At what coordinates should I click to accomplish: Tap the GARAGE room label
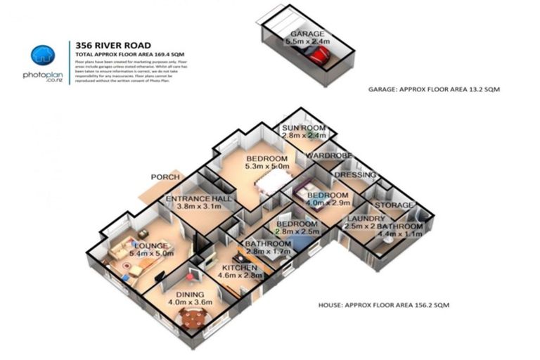point(304,34)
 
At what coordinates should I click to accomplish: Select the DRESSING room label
point(354,175)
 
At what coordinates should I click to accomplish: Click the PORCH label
point(166,177)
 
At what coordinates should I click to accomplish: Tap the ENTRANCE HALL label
point(198,200)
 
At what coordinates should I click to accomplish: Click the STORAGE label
point(394,205)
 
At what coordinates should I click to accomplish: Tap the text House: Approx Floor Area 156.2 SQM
point(384,306)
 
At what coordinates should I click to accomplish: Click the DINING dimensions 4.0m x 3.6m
point(190,302)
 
